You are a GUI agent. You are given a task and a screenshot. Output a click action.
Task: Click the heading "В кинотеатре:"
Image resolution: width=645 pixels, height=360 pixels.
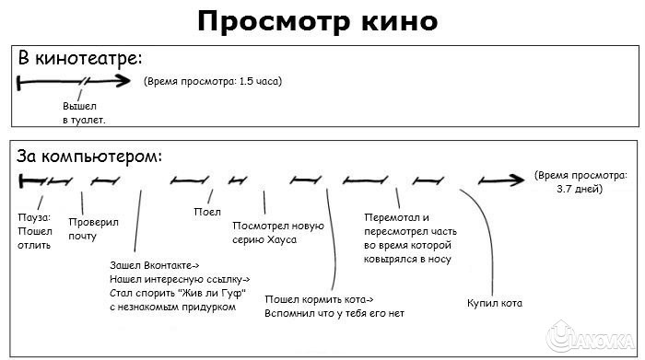tap(81, 58)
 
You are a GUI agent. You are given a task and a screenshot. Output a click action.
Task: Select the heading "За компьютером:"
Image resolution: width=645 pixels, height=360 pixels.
tap(89, 156)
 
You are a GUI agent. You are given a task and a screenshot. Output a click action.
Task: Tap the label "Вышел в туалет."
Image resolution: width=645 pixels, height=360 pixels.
tap(83, 113)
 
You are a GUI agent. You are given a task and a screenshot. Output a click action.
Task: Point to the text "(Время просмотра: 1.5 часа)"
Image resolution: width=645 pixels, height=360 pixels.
tap(213, 81)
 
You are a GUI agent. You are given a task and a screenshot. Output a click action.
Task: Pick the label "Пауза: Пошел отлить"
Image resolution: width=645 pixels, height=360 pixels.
tap(35, 231)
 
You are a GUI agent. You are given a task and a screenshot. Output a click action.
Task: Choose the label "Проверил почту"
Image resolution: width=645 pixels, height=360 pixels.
tap(88, 229)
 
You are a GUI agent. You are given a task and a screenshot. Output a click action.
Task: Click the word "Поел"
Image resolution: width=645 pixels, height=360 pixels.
tap(207, 211)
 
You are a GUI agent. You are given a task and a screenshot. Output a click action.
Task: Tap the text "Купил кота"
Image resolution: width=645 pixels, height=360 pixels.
tap(495, 302)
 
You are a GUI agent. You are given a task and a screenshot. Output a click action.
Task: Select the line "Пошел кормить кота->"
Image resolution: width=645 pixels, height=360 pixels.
tap(320, 299)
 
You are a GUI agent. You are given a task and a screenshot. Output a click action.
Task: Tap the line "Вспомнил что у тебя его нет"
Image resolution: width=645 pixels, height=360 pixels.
tap(335, 313)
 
